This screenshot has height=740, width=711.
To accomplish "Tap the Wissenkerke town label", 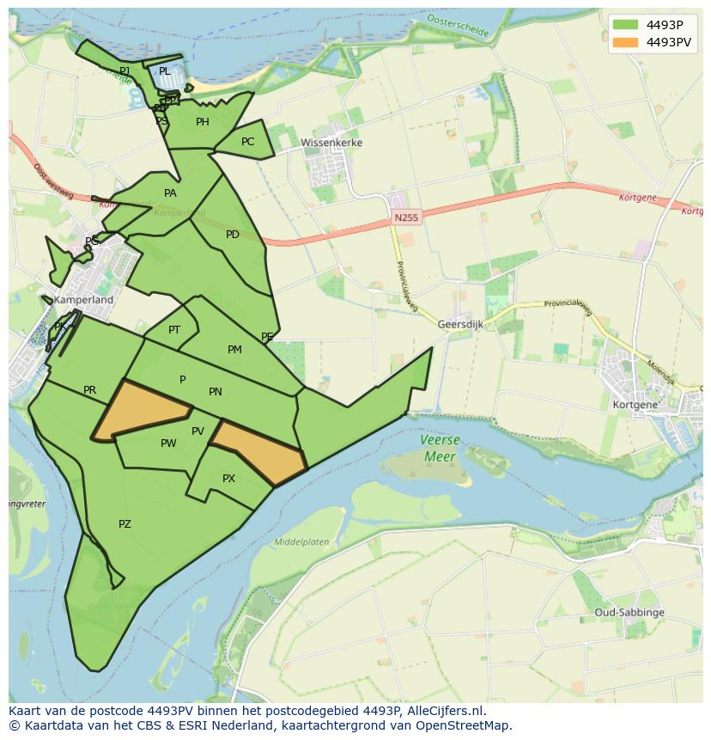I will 331,143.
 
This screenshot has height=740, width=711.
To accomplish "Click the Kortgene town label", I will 635,404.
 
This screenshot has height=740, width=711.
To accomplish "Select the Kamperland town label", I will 83,301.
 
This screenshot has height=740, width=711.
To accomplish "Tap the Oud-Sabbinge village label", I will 629,613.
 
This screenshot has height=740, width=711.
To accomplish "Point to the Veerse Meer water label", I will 440,448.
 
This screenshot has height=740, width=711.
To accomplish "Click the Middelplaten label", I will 301,542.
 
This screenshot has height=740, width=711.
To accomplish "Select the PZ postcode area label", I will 125,524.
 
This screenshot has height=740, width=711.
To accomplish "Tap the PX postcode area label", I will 228,479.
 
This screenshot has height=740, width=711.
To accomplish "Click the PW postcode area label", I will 168,443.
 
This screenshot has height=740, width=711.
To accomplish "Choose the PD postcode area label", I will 233,235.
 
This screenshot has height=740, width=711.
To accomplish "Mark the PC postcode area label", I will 247,142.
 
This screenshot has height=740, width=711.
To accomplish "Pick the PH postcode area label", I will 203,122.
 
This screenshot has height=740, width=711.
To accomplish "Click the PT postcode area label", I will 174,330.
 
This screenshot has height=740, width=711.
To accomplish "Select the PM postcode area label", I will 234,350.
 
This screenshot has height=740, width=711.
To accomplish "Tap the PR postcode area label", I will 89,390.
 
